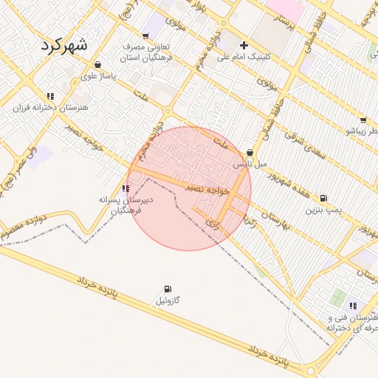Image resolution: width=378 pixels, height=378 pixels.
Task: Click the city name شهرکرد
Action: click(64, 44)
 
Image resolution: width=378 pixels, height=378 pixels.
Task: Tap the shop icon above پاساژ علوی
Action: click(98, 64)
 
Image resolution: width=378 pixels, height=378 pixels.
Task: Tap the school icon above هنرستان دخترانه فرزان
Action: click(50, 96)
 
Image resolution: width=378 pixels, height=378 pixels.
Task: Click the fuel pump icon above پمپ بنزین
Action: click(323, 199)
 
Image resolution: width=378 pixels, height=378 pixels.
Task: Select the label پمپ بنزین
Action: click(324, 210)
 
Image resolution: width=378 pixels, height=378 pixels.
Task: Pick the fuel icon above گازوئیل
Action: click(168, 289)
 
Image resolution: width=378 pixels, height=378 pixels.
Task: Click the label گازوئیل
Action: click(168, 300)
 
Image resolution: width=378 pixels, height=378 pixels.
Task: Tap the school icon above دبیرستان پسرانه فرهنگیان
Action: click(125, 188)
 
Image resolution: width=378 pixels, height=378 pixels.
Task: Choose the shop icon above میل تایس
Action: click(250, 153)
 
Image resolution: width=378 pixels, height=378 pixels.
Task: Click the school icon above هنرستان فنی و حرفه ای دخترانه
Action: click(353, 306)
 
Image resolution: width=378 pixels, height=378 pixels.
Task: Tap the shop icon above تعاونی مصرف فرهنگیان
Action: click(145, 35)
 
